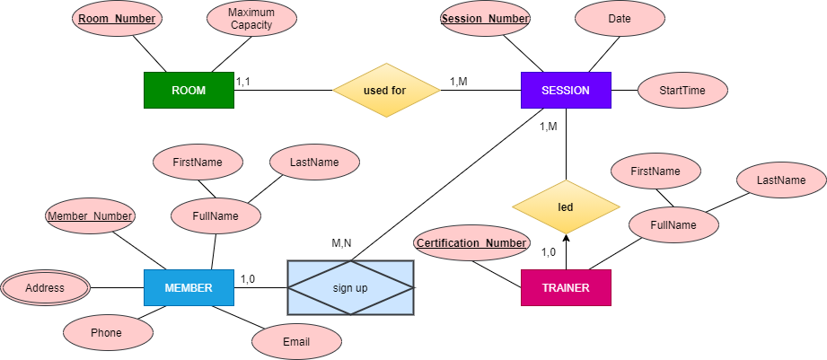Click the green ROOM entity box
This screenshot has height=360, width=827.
tap(189, 91)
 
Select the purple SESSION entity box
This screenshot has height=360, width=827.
tap(566, 91)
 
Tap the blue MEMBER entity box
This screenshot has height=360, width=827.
tap(189, 288)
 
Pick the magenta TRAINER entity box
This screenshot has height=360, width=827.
tap(566, 288)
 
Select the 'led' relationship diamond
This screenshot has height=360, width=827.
tap(566, 207)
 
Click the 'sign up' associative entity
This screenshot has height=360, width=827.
tap(351, 288)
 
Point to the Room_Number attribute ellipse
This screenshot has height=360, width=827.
tap(117, 19)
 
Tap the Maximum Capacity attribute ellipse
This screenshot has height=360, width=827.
tap(251, 19)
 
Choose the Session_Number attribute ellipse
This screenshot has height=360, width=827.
tap(485, 19)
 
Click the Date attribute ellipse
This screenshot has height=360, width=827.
tap(620, 19)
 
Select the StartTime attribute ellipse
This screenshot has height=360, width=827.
tap(682, 91)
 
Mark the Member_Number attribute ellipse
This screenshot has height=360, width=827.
tap(90, 216)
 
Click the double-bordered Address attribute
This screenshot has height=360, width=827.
tap(45, 288)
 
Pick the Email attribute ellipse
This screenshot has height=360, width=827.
tap(296, 341)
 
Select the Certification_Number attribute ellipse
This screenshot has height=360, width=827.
tap(472, 243)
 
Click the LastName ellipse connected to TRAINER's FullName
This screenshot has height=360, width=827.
tap(780, 180)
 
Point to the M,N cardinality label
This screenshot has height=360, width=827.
tap(341, 243)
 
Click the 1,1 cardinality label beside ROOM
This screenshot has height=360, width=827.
tap(242, 82)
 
